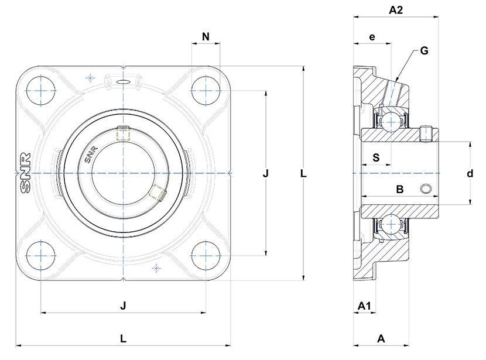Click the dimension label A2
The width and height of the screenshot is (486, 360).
point(396,10)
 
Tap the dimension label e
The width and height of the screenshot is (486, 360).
point(372,37)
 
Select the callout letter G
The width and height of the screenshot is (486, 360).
point(425,50)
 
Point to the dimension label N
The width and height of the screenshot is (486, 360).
point(206,36)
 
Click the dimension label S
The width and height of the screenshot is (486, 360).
point(376,157)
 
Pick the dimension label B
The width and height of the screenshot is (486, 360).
point(400,189)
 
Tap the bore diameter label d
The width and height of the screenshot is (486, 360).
point(470,173)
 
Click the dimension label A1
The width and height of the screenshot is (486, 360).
point(364,306)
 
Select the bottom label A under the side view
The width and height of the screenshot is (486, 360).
point(381,338)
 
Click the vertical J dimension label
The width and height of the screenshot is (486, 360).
point(266,173)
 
